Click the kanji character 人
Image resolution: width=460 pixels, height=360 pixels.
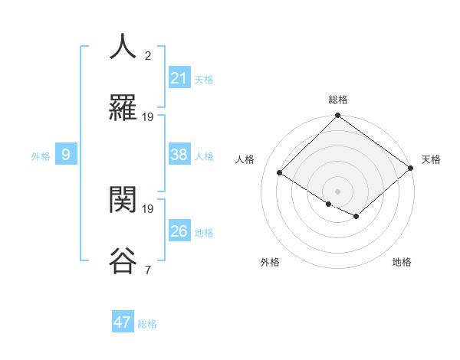pyautogui.click(x=123, y=46)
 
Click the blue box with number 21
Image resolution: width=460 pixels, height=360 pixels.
pyautogui.click(x=179, y=78)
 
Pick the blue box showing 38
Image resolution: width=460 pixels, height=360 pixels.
pyautogui.click(x=179, y=155)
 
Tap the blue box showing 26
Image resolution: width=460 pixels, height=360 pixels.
pyautogui.click(x=179, y=231)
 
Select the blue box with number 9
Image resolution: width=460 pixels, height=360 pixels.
pyautogui.click(x=66, y=155)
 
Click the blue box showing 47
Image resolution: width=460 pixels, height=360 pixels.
pyautogui.click(x=122, y=322)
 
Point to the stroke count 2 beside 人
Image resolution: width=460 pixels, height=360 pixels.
pyautogui.click(x=147, y=55)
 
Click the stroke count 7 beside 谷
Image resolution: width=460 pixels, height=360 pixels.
pyautogui.click(x=147, y=270)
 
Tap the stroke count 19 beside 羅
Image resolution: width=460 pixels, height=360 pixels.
pyautogui.click(x=148, y=116)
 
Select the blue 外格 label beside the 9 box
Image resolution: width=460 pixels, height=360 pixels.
pyautogui.click(x=41, y=156)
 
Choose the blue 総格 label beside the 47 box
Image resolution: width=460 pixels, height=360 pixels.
pyautogui.click(x=147, y=324)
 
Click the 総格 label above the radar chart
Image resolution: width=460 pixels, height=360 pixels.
pyautogui.click(x=338, y=100)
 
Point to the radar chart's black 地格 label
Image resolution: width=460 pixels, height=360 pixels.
pyautogui.click(x=402, y=262)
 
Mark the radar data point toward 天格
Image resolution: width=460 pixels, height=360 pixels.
pyautogui.click(x=412, y=169)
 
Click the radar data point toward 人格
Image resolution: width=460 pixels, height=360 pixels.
pyautogui.click(x=280, y=173)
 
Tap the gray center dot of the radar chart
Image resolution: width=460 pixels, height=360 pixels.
pyautogui.click(x=337, y=191)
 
